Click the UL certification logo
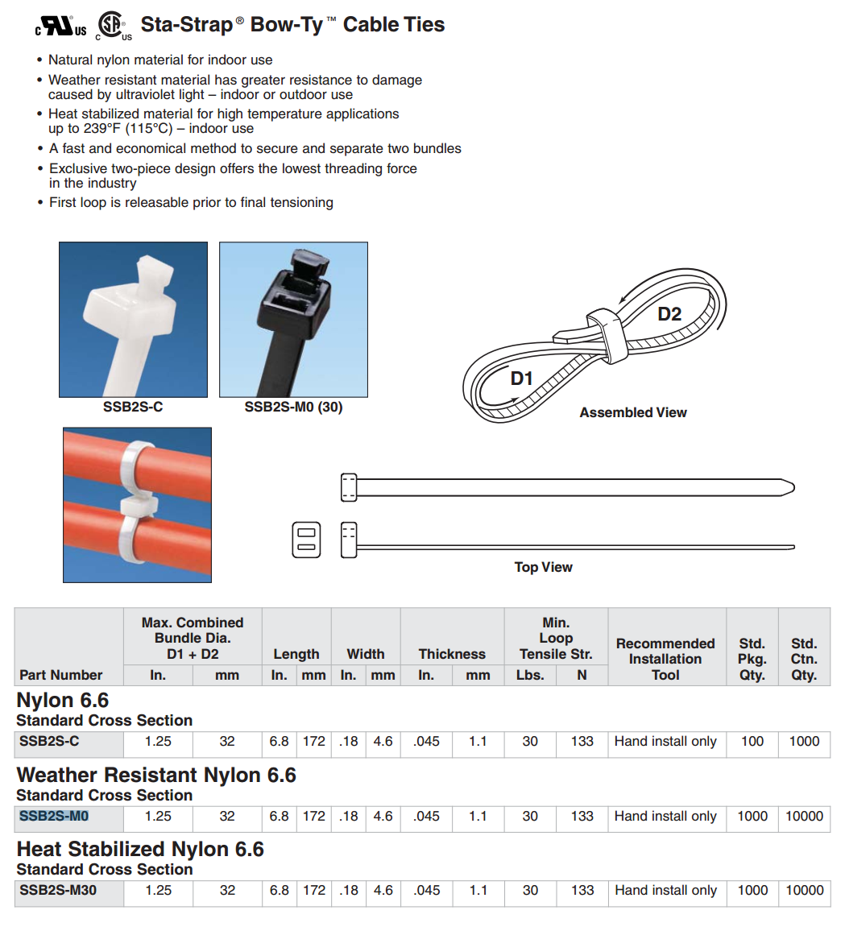tap(61, 27)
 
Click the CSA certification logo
tap(112, 26)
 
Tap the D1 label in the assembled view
tap(522, 379)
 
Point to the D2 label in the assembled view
tap(669, 314)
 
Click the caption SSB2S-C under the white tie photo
tap(133, 408)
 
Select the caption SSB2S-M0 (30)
tap(293, 408)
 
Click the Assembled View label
tap(632, 412)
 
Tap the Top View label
tap(543, 567)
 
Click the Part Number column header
tap(61, 675)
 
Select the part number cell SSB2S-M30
tap(58, 891)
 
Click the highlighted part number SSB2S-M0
tap(54, 817)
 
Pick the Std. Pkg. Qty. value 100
tap(752, 742)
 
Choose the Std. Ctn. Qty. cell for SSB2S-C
tap(803, 742)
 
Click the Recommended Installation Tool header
tap(665, 659)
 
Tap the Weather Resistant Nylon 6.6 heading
tap(156, 776)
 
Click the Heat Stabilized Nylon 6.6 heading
tap(140, 850)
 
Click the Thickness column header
tap(452, 654)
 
